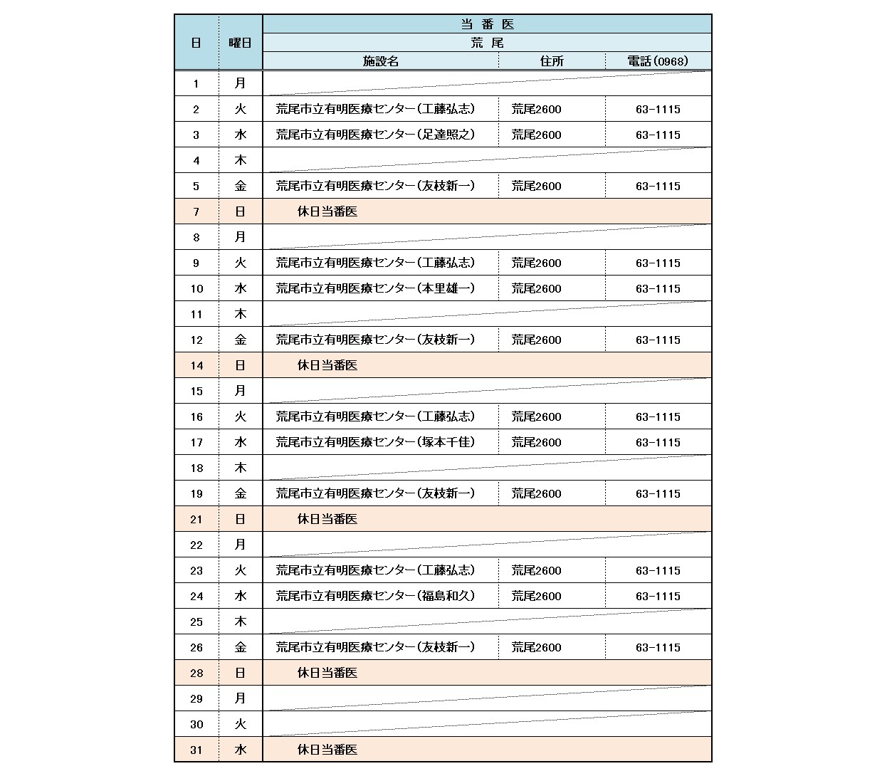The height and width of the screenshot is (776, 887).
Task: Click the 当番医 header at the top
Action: click(487, 24)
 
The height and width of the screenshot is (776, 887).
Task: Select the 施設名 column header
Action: click(381, 61)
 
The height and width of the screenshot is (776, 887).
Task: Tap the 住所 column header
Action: click(552, 61)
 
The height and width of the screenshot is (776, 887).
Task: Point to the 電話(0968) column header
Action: click(658, 61)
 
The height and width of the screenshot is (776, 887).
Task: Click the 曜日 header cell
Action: click(241, 43)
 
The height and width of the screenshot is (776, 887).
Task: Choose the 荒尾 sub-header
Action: click(487, 43)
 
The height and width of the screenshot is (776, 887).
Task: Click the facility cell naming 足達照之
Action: click(375, 135)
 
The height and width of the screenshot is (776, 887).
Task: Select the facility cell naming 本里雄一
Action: click(375, 288)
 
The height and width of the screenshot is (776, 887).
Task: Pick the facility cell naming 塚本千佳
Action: click(375, 442)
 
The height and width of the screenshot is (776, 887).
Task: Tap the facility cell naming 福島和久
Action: click(375, 596)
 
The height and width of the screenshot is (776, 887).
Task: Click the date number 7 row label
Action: click(196, 212)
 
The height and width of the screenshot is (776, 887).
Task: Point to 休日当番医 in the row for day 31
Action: click(327, 750)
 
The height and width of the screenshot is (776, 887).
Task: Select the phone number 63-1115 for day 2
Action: click(658, 110)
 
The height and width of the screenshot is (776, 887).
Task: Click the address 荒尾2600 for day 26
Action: click(536, 648)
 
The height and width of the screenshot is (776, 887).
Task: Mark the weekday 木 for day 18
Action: click(241, 468)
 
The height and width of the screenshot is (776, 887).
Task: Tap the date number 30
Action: click(196, 725)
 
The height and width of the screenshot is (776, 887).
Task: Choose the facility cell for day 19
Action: click(375, 493)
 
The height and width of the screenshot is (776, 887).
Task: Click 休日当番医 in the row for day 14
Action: click(327, 365)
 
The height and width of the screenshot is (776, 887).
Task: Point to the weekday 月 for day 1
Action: click(241, 83)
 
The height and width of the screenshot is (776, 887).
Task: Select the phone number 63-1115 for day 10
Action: click(658, 289)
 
